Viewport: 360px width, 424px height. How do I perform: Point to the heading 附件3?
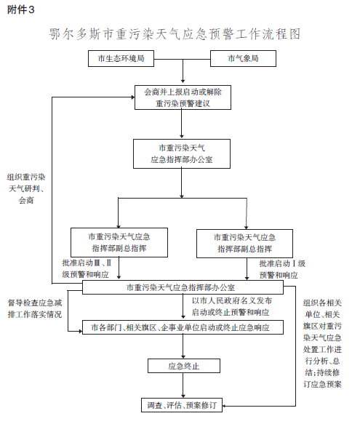pyautogui.click(x=21, y=10)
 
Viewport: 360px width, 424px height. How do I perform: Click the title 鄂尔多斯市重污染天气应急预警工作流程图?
pyautogui.click(x=175, y=34)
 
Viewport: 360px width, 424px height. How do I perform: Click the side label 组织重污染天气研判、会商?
pyautogui.click(x=26, y=188)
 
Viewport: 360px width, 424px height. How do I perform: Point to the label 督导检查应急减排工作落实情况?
pyautogui.click(x=35, y=308)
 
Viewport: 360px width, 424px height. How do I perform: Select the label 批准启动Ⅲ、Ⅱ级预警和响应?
pyautogui.click(x=87, y=268)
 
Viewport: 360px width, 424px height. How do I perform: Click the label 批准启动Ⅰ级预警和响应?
pyautogui.click(x=282, y=269)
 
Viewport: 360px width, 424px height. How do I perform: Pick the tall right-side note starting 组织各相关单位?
pyautogui.click(x=322, y=343)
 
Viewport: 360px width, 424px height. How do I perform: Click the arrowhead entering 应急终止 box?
pyautogui.click(x=183, y=356)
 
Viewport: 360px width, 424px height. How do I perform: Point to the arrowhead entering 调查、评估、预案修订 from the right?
pyautogui.click(x=225, y=406)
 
